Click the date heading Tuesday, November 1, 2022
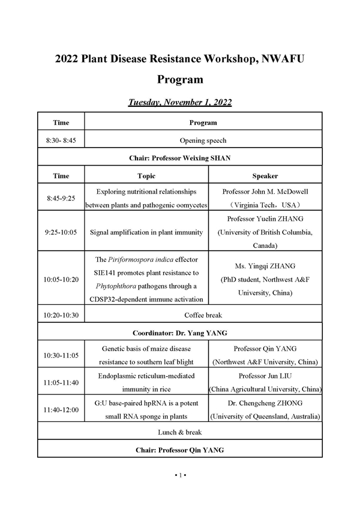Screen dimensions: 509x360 (x=180, y=102)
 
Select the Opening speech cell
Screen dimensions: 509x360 (x=203, y=140)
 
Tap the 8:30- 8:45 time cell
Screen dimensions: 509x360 (x=61, y=140)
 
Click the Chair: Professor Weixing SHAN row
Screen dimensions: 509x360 (x=180, y=158)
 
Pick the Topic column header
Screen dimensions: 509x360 (x=146, y=176)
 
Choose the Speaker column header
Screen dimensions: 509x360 (x=265, y=176)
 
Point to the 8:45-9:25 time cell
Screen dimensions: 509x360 (x=61, y=197)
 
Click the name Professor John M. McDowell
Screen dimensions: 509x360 (x=265, y=191)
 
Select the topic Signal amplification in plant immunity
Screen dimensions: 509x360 (x=146, y=232)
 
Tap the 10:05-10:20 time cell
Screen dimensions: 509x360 (x=61, y=279)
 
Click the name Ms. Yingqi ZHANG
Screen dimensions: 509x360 (x=265, y=266)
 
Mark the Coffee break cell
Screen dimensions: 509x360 (x=203, y=314)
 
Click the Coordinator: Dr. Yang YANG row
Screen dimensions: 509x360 (x=180, y=332)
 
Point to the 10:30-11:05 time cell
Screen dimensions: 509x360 (x=61, y=355)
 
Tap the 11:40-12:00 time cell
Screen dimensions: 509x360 (x=61, y=410)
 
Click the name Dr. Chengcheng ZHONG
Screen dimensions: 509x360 (x=265, y=404)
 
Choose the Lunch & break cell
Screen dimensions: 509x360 (x=180, y=432)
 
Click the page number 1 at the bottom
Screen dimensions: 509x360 (x=181, y=475)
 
